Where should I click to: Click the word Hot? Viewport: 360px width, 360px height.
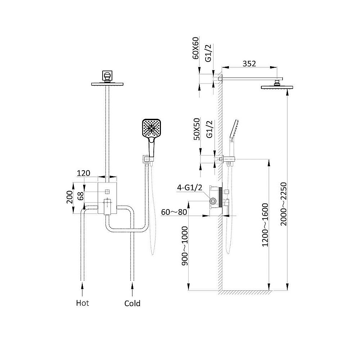point(82,303)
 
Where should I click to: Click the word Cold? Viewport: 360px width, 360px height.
point(132,303)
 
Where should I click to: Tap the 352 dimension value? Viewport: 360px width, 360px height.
point(249,64)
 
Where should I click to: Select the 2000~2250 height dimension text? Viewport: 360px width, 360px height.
point(284,204)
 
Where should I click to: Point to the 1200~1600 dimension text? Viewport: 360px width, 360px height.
point(265,225)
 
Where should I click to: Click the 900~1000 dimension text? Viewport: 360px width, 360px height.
point(185,246)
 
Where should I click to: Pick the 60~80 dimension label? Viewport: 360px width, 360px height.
point(174,212)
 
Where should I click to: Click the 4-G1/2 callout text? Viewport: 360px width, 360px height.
point(190,188)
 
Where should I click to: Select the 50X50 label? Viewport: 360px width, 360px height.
point(197,129)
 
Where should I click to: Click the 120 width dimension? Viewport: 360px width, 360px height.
point(84,173)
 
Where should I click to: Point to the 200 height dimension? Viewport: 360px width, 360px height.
point(69,197)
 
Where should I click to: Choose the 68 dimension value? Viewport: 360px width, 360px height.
point(80,196)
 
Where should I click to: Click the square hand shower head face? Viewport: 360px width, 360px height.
point(152,129)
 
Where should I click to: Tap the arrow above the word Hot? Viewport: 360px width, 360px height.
point(82,289)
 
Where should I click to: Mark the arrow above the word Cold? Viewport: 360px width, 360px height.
point(132,289)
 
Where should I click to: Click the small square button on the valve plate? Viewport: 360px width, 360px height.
point(107,192)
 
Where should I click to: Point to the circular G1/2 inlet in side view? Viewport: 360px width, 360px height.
point(213,201)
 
